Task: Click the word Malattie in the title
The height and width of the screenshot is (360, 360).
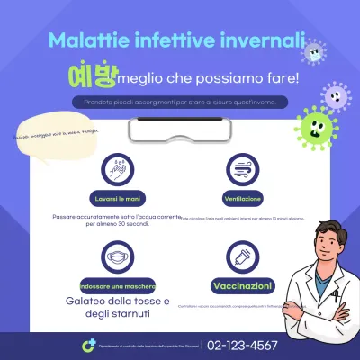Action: pyautogui.click(x=82, y=40)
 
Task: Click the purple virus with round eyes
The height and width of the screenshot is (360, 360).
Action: pyautogui.click(x=336, y=94)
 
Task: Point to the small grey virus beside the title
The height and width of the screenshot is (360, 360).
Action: pyautogui.click(x=313, y=52)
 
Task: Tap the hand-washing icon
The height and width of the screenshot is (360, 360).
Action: pyautogui.click(x=114, y=168)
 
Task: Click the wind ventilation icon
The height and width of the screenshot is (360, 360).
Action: pyautogui.click(x=240, y=168)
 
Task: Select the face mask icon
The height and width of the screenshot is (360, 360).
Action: pyautogui.click(x=114, y=257)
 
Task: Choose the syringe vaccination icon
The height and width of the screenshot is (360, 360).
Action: pyautogui.click(x=240, y=257)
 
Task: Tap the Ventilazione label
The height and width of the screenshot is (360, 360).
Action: pyautogui.click(x=241, y=198)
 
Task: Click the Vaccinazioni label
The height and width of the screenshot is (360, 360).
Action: pyautogui.click(x=241, y=285)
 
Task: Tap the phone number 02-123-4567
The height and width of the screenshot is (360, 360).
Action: pyautogui.click(x=242, y=345)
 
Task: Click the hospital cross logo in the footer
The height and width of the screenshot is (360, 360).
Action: pyautogui.click(x=88, y=346)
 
